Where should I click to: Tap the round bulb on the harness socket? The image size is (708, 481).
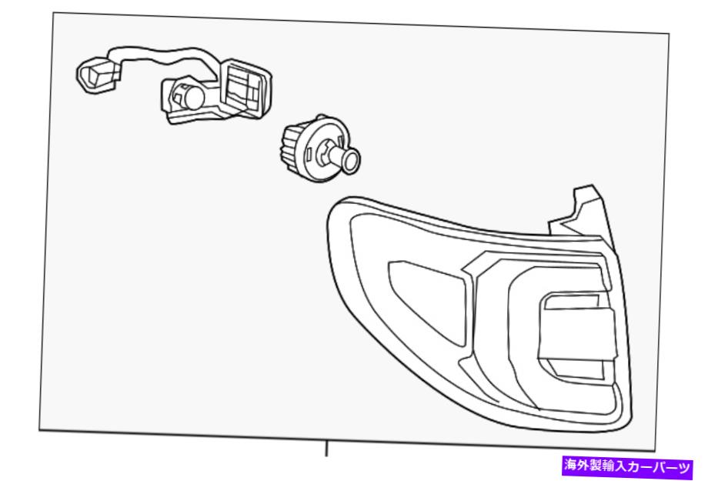(x=192, y=97)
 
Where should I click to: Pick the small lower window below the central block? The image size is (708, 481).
(x=576, y=369)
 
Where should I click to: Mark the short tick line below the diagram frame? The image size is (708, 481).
(x=326, y=449)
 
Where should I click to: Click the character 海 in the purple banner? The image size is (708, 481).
(x=571, y=466)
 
